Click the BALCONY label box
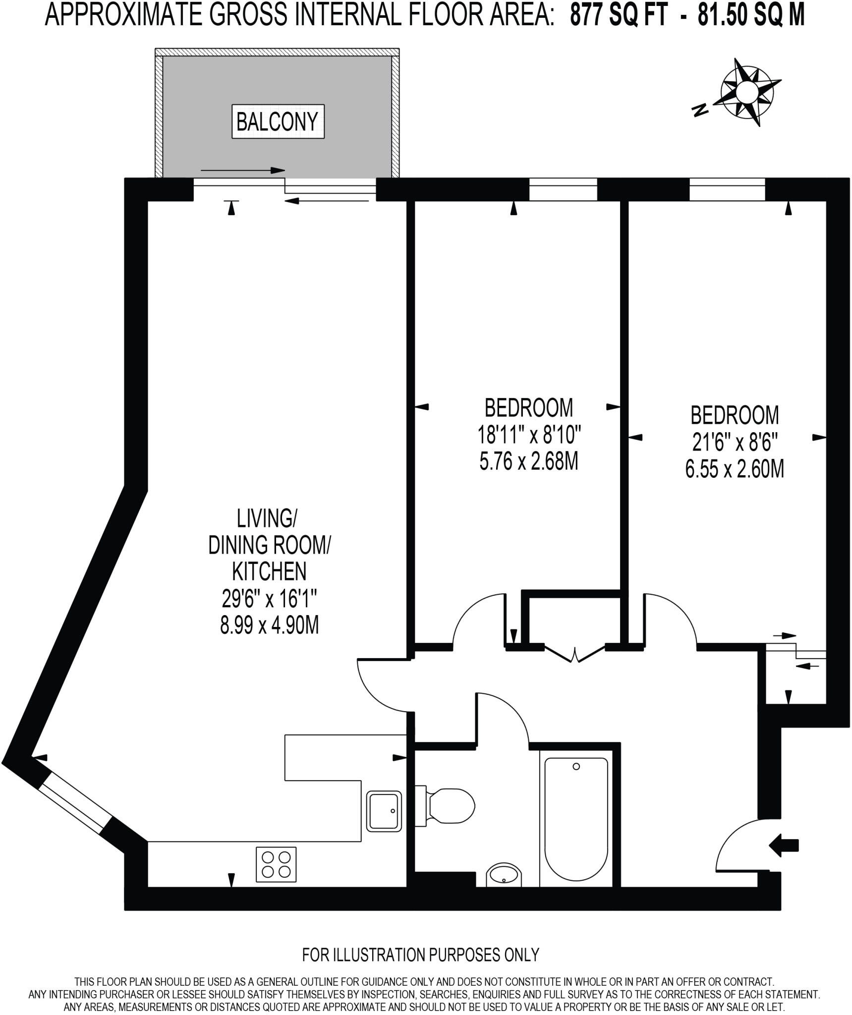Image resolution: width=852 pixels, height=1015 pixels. click(278, 121)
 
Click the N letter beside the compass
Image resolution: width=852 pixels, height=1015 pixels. click(699, 110)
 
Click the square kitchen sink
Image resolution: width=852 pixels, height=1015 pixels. click(384, 811)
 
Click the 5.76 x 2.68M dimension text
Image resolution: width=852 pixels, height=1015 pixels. click(529, 462)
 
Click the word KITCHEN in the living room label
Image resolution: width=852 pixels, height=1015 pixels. click(269, 571)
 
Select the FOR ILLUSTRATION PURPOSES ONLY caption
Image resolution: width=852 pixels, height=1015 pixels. click(420, 954)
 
